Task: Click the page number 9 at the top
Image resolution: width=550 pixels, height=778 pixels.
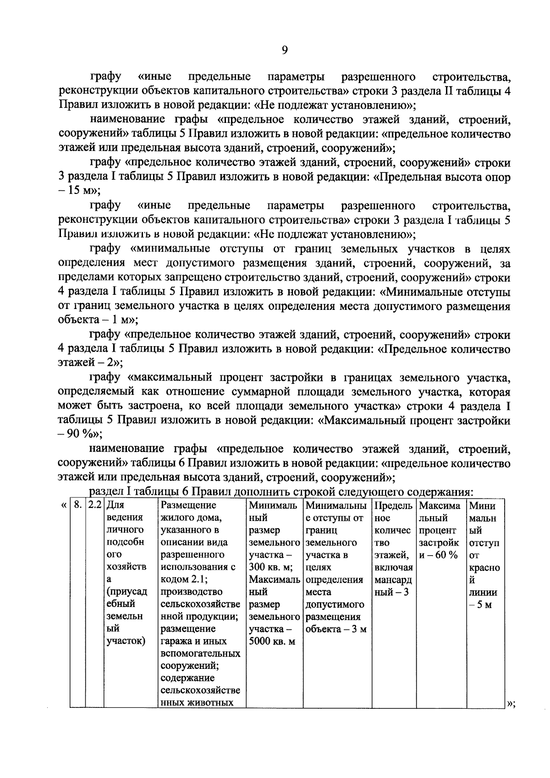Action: point(284,50)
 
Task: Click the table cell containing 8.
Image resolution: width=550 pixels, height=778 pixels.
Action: point(78,506)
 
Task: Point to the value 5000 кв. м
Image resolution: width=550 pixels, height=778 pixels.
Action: point(272,641)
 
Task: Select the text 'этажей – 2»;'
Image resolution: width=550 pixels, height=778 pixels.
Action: point(90,364)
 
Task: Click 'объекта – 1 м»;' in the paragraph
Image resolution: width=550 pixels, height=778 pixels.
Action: point(98,320)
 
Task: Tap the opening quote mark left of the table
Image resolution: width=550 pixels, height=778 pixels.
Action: point(63,506)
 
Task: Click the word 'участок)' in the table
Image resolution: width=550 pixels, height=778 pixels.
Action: point(126,641)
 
